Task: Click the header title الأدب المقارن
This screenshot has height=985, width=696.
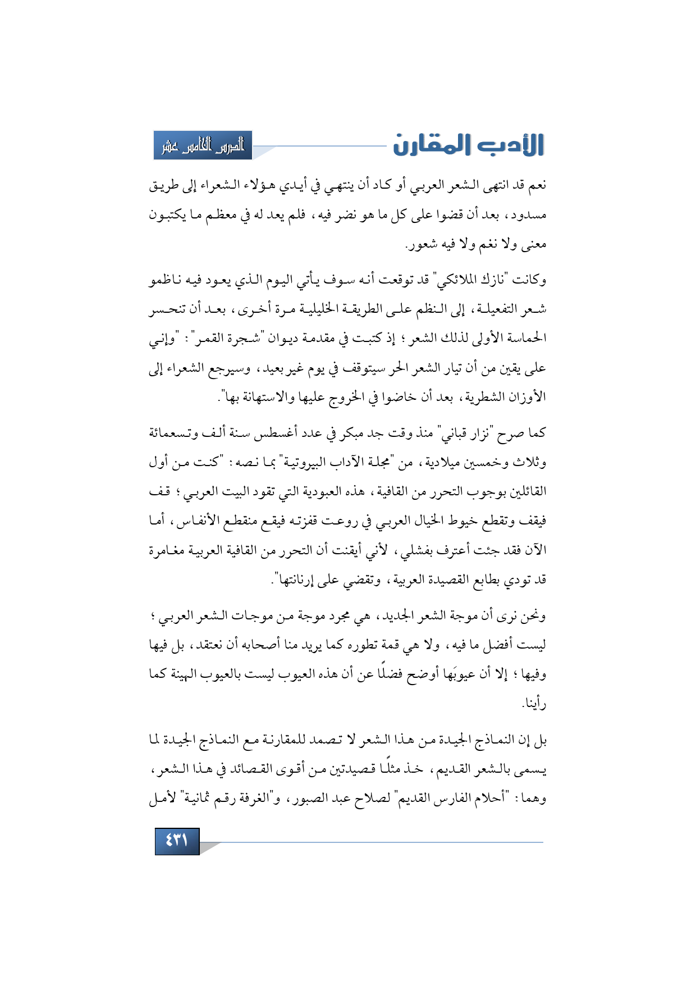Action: [x=469, y=145]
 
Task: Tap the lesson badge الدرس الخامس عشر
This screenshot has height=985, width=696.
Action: [x=203, y=146]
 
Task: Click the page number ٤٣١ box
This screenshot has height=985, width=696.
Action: [x=177, y=841]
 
